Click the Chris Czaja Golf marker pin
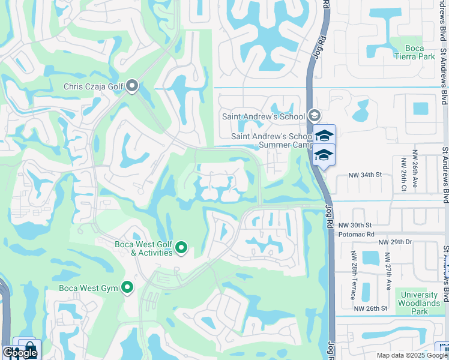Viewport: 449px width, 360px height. tap(132, 87)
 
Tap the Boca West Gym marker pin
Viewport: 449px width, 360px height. tap(127, 288)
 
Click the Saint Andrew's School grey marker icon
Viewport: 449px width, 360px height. tap(314, 116)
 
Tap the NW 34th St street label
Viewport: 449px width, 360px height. tap(366, 175)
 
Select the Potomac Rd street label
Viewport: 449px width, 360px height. tap(357, 234)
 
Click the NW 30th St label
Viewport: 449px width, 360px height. tap(352, 225)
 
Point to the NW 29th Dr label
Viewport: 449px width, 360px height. tap(395, 241)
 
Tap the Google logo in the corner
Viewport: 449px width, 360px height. tap(20, 353)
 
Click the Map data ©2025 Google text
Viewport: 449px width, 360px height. tap(411, 355)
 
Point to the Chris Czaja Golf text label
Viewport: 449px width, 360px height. tap(94, 87)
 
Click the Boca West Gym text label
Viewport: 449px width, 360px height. tap(89, 288)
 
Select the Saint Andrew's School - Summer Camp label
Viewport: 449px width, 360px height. tap(270, 140)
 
